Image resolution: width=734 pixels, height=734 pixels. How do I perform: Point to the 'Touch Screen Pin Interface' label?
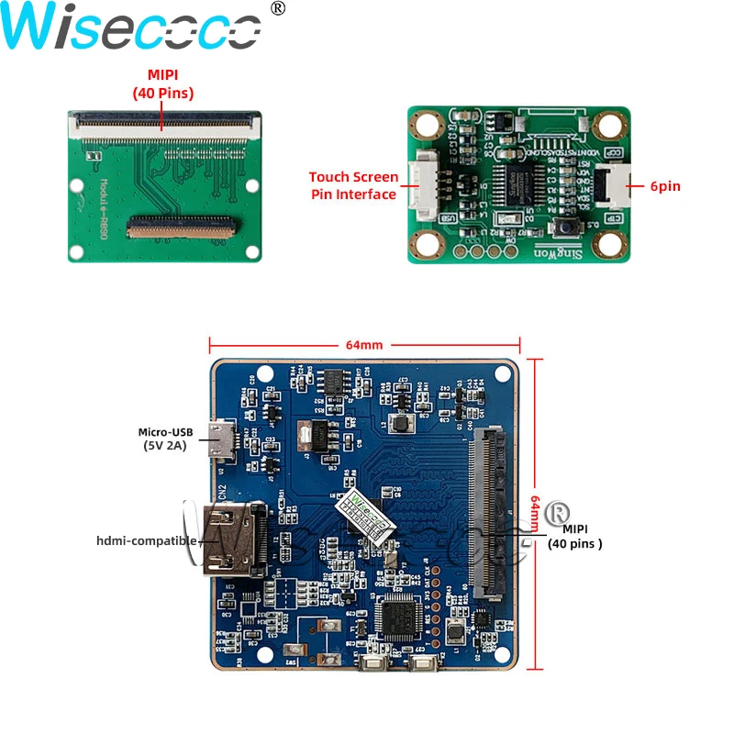point(353,185)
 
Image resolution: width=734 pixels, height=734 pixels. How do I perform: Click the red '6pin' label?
point(665,186)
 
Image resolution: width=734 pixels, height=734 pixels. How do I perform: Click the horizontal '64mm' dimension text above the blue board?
point(364,345)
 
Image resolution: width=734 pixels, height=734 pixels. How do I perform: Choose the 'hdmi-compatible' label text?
point(147,540)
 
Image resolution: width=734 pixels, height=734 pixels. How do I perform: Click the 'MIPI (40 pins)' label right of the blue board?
point(575,537)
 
